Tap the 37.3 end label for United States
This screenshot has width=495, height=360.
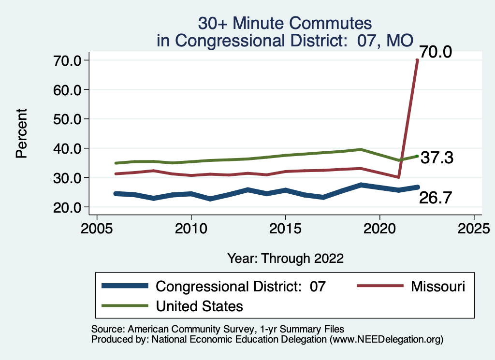437,158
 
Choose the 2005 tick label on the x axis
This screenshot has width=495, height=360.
97,227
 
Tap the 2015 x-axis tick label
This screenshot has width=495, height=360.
285,227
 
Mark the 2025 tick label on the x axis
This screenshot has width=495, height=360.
474,227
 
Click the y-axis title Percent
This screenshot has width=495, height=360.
21,134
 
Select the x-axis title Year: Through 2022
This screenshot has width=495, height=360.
285,259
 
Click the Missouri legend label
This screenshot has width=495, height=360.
438,287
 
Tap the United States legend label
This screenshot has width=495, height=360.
199,306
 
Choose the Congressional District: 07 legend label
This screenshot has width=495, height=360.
241,287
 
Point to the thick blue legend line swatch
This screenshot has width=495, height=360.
125,287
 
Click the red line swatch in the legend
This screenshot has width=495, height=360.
379,287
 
